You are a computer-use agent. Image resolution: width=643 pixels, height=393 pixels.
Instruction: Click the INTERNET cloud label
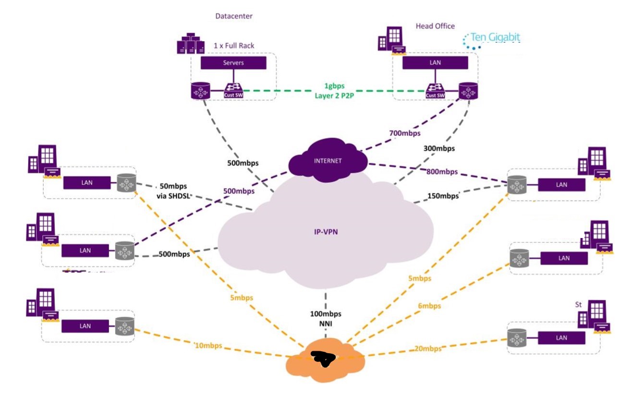coord(328,161)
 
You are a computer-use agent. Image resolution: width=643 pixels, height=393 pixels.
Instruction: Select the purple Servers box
coord(233,63)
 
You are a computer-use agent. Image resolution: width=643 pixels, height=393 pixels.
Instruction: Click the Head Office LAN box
coord(435,63)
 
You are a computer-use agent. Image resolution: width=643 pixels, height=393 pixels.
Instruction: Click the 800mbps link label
coord(441,171)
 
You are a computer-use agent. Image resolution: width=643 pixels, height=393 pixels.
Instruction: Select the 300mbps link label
coord(439,149)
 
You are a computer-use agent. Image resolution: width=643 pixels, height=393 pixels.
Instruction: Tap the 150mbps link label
coord(443,196)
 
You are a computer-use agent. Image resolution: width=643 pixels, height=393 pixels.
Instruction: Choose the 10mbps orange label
coord(209,345)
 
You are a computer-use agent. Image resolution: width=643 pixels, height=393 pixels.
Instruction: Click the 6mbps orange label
coord(429,306)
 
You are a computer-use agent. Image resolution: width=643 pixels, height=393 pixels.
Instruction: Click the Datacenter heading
coord(233,16)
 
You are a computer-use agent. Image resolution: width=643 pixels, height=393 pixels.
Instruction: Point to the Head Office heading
coord(435,26)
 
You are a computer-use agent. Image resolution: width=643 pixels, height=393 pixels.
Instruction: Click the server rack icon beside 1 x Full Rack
coord(190,43)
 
